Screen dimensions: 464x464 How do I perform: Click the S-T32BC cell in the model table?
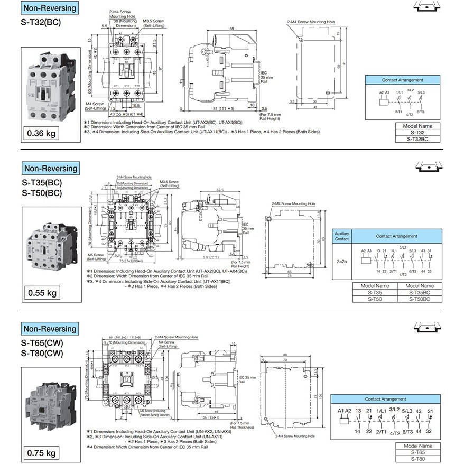417,138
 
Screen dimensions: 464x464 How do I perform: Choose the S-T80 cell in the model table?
417,459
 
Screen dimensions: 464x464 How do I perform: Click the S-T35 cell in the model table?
375,292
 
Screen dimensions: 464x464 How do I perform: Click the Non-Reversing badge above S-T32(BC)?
50,8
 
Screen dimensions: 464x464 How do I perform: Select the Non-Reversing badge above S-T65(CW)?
50,328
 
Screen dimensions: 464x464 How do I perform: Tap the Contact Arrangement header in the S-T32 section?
403,80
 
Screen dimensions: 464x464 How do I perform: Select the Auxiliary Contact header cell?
342,236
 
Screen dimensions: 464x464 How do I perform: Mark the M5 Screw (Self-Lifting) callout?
96,257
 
